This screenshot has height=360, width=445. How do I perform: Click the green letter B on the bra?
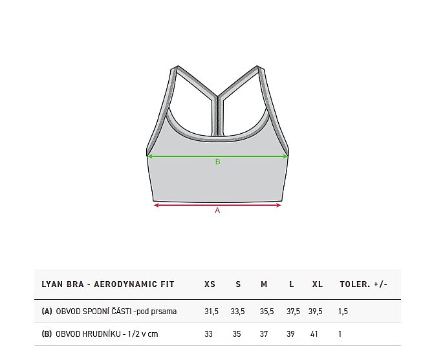[218, 162]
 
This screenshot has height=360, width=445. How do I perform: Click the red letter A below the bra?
[217, 210]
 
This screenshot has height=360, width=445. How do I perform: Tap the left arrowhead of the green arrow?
[150, 156]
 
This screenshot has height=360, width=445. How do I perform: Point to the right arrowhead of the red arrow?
[278, 205]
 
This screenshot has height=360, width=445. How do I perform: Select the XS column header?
[210, 284]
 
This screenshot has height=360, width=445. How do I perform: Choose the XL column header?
[318, 284]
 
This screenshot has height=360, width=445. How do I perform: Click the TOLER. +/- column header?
[364, 284]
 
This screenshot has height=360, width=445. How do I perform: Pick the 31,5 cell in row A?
[212, 312]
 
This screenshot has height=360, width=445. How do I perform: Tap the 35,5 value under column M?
[266, 312]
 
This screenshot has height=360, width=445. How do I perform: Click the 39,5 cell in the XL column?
[315, 312]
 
